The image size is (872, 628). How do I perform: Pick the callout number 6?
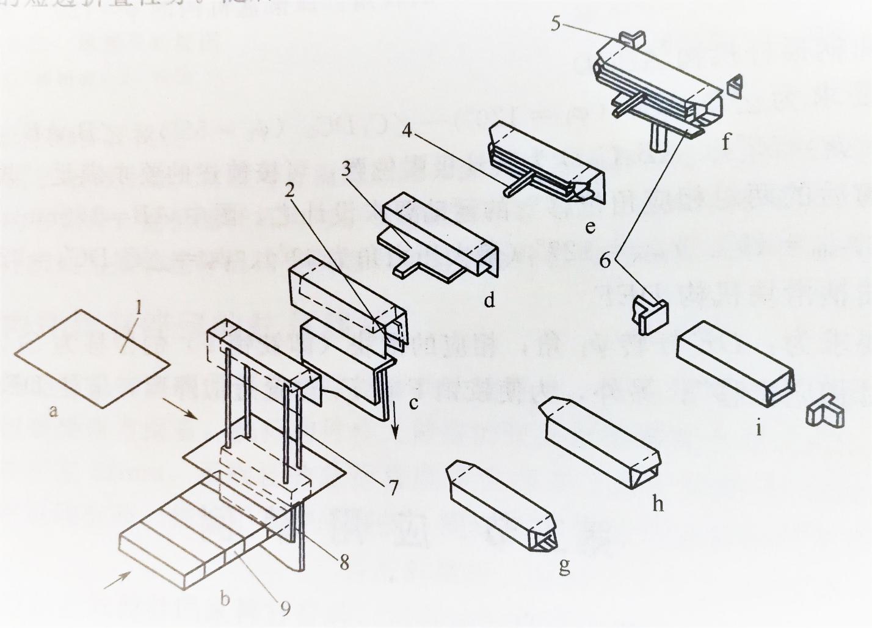605,261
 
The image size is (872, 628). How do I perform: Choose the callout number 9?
285,607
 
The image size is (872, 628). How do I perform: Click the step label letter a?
54,411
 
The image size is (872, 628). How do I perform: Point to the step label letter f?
726,142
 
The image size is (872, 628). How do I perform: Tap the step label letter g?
564,566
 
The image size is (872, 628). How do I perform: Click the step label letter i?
758,428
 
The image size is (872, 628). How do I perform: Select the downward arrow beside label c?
396,425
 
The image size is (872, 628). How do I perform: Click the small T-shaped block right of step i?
825,414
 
